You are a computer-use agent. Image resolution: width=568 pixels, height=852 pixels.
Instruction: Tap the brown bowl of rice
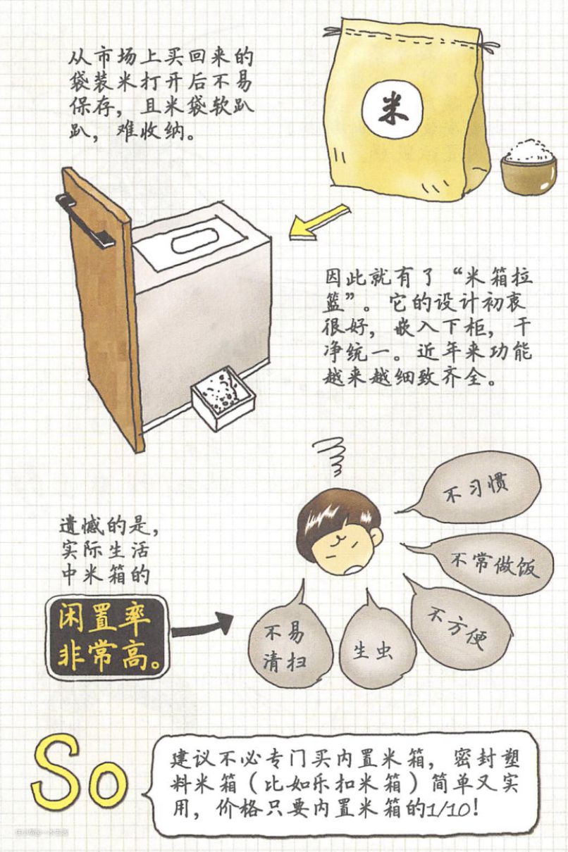(x=529, y=167)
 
